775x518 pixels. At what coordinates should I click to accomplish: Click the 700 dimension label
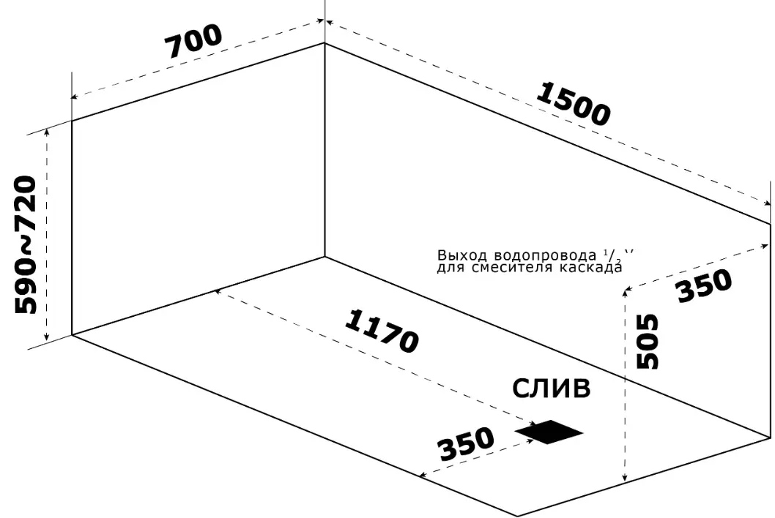[193, 41]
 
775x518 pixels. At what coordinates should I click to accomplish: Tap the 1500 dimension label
[573, 104]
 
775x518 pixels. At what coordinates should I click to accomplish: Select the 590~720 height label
[26, 245]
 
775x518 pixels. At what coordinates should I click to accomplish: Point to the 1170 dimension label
[382, 331]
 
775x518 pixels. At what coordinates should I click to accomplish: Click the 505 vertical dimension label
[648, 341]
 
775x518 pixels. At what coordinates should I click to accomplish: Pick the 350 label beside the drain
[466, 443]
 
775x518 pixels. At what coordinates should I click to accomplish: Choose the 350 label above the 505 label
[704, 285]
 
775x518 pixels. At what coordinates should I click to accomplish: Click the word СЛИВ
[551, 388]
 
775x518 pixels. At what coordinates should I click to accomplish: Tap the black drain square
[549, 432]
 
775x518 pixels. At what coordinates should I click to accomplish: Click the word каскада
[591, 267]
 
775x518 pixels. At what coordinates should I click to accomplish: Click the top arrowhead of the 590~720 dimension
[47, 132]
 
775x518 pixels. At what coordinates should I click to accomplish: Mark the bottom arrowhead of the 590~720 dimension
[47, 337]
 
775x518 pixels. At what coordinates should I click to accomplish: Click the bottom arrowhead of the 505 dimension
[625, 477]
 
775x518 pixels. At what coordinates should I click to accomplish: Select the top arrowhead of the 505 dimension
[625, 292]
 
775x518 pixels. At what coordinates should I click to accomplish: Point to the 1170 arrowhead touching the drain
[532, 424]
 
